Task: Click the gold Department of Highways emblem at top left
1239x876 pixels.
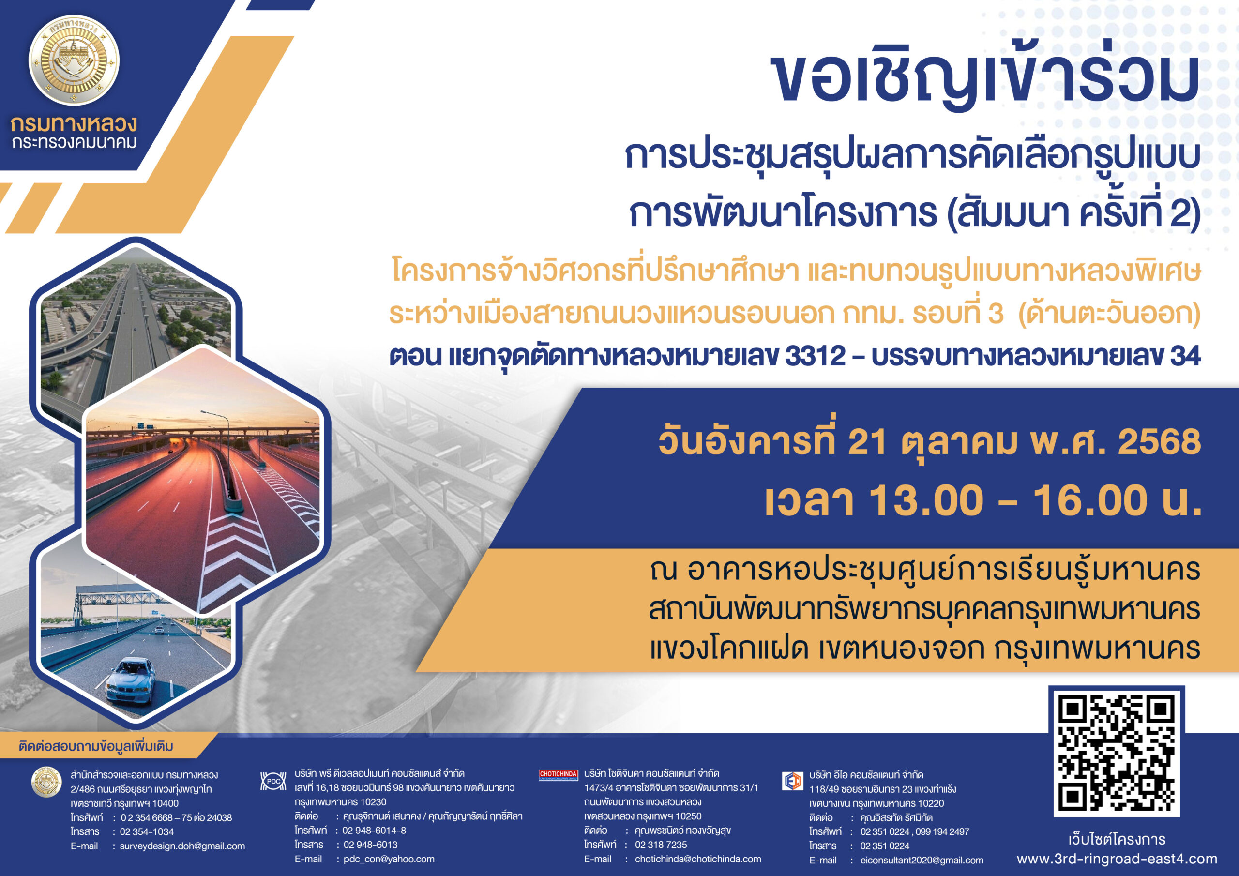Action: [x=74, y=60]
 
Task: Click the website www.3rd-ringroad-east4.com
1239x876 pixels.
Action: [x=1117, y=859]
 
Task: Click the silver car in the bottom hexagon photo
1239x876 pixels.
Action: [x=130, y=680]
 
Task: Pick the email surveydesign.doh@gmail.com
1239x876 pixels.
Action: [x=182, y=846]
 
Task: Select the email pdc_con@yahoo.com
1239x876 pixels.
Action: [x=389, y=859]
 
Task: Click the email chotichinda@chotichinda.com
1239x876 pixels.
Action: [x=698, y=859]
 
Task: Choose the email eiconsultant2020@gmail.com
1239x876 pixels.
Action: [x=922, y=861]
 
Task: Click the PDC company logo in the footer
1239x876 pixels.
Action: [x=273, y=781]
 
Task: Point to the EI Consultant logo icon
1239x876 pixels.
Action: [x=793, y=781]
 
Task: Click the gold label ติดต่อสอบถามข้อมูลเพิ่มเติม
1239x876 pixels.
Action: [x=96, y=746]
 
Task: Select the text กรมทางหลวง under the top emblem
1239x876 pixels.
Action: [x=74, y=124]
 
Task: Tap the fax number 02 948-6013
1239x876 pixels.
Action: [x=370, y=845]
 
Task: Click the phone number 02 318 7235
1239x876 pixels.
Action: [x=661, y=845]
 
